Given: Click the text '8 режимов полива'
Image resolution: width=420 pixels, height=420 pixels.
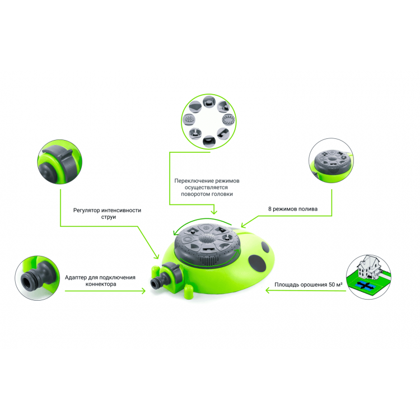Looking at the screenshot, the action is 293,209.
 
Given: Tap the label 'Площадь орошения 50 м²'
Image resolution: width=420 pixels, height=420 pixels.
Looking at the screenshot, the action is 309,284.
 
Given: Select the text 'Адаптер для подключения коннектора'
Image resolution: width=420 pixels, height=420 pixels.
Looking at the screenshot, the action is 100,281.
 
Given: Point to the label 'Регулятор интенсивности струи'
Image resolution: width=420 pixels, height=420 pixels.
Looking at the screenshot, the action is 107,213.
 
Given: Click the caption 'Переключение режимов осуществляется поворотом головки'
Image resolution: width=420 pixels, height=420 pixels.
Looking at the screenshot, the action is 207,187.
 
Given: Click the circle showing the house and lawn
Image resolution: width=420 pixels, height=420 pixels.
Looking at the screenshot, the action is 368,277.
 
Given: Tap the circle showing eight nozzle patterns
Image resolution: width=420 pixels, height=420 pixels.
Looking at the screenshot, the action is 209,122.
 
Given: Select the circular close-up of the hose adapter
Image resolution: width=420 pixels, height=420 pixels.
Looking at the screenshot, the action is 37,278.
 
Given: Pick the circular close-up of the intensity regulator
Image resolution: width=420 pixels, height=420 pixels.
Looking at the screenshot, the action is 60,162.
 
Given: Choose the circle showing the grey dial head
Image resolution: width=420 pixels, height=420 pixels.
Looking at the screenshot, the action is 331,161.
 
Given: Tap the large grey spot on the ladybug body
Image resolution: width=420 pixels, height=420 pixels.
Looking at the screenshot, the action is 257,263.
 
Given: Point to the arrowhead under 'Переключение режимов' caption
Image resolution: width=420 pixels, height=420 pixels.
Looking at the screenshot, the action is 214,212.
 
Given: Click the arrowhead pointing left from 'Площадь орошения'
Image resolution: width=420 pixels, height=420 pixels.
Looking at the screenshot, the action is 267,290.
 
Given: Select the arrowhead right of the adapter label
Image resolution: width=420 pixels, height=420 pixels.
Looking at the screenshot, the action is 143,291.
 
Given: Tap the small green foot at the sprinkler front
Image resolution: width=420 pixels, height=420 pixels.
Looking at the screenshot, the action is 188,292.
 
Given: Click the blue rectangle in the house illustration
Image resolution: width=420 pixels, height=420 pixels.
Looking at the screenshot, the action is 365,286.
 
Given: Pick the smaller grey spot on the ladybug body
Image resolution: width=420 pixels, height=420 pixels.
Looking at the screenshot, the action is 265,247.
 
